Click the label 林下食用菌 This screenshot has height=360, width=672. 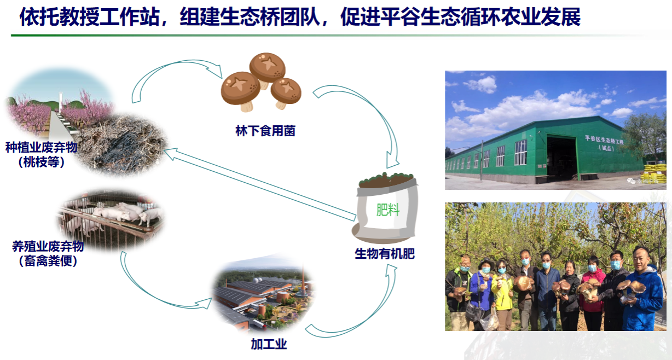point(265,131)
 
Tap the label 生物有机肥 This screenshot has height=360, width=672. point(385,254)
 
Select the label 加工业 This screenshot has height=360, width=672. point(269,344)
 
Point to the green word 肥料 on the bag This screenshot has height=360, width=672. point(387,210)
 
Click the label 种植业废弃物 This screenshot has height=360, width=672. point(42,147)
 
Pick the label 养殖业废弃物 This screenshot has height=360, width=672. point(48,246)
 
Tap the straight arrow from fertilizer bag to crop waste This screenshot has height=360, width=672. point(260,184)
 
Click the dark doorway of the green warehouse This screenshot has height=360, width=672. point(561,158)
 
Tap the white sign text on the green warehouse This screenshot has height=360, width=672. point(604,143)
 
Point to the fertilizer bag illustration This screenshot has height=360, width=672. point(385,207)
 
